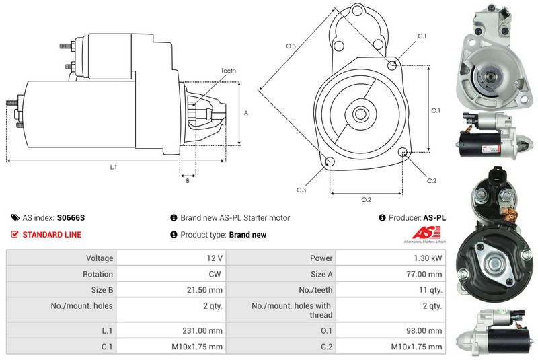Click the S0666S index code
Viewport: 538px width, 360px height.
click(x=71, y=218)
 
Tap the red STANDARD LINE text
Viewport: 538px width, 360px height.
click(x=52, y=235)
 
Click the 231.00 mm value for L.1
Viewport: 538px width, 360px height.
click(x=202, y=331)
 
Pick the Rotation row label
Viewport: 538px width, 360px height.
click(x=98, y=274)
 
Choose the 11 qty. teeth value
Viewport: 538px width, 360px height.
click(x=430, y=290)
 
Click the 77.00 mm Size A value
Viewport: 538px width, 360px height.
click(x=424, y=274)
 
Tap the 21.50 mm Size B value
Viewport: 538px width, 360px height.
click(x=204, y=290)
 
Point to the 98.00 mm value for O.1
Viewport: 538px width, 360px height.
click(x=424, y=331)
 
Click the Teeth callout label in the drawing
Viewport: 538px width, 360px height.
click(x=228, y=71)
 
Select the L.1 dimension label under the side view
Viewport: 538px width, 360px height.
click(x=114, y=167)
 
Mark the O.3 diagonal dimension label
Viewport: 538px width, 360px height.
click(x=291, y=46)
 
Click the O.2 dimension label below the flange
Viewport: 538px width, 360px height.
click(x=367, y=199)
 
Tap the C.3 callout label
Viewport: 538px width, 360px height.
click(x=301, y=190)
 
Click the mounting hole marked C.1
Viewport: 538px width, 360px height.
click(x=392, y=65)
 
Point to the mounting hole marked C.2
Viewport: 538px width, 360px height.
click(x=403, y=151)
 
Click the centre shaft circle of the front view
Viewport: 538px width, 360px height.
click(x=360, y=114)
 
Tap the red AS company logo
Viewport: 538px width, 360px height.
click(x=426, y=233)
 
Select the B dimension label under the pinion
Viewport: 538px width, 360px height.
click(x=188, y=180)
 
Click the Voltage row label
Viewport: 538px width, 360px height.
click(x=100, y=258)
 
